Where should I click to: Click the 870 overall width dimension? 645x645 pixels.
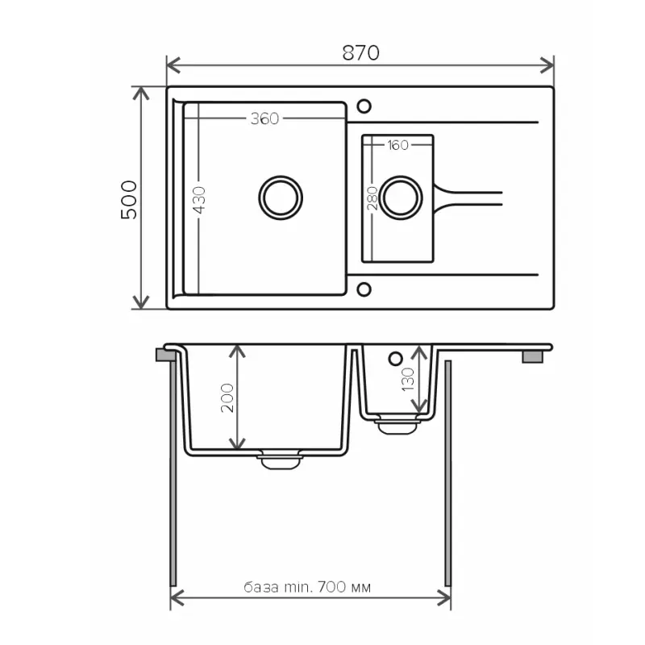(360, 53)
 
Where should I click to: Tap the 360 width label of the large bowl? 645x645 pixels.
(264, 119)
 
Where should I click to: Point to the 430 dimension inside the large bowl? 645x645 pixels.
(199, 200)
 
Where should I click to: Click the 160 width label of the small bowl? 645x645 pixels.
(397, 145)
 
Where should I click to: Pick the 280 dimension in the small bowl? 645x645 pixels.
(372, 198)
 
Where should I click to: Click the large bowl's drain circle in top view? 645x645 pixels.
(281, 196)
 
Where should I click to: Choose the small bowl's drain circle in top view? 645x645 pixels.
(401, 196)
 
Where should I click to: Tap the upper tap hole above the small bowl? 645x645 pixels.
(364, 106)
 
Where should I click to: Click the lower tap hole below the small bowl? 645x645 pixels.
(364, 288)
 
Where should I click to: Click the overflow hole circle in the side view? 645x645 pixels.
(395, 358)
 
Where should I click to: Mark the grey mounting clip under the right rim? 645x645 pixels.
(533, 356)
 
